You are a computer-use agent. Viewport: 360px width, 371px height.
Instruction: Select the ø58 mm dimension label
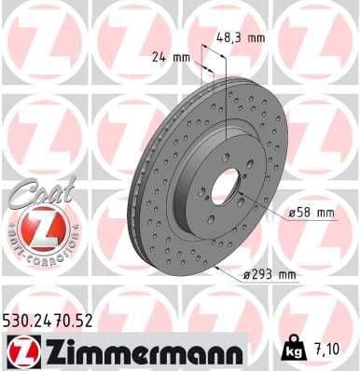[312, 213]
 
